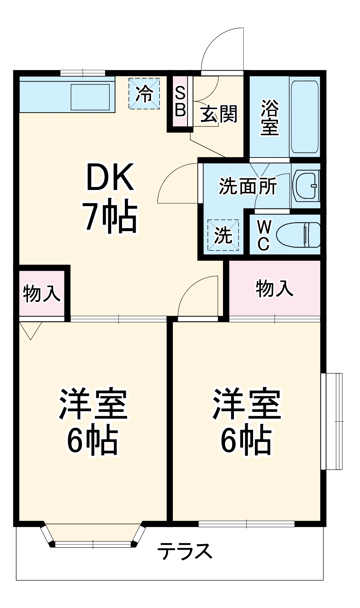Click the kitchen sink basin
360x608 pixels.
[x=90, y=97]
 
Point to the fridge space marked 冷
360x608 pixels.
[x=144, y=93]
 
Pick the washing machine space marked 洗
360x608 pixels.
[x=223, y=235]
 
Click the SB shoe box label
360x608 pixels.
[x=180, y=101]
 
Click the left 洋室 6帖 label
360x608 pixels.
[x=93, y=421]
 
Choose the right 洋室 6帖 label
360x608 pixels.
[x=246, y=421]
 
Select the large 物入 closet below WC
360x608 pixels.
[x=275, y=288]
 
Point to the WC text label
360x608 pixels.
[x=263, y=235]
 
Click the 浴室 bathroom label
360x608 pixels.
[x=269, y=117]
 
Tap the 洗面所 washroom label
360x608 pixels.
[x=248, y=186]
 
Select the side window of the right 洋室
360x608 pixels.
[x=332, y=421]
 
